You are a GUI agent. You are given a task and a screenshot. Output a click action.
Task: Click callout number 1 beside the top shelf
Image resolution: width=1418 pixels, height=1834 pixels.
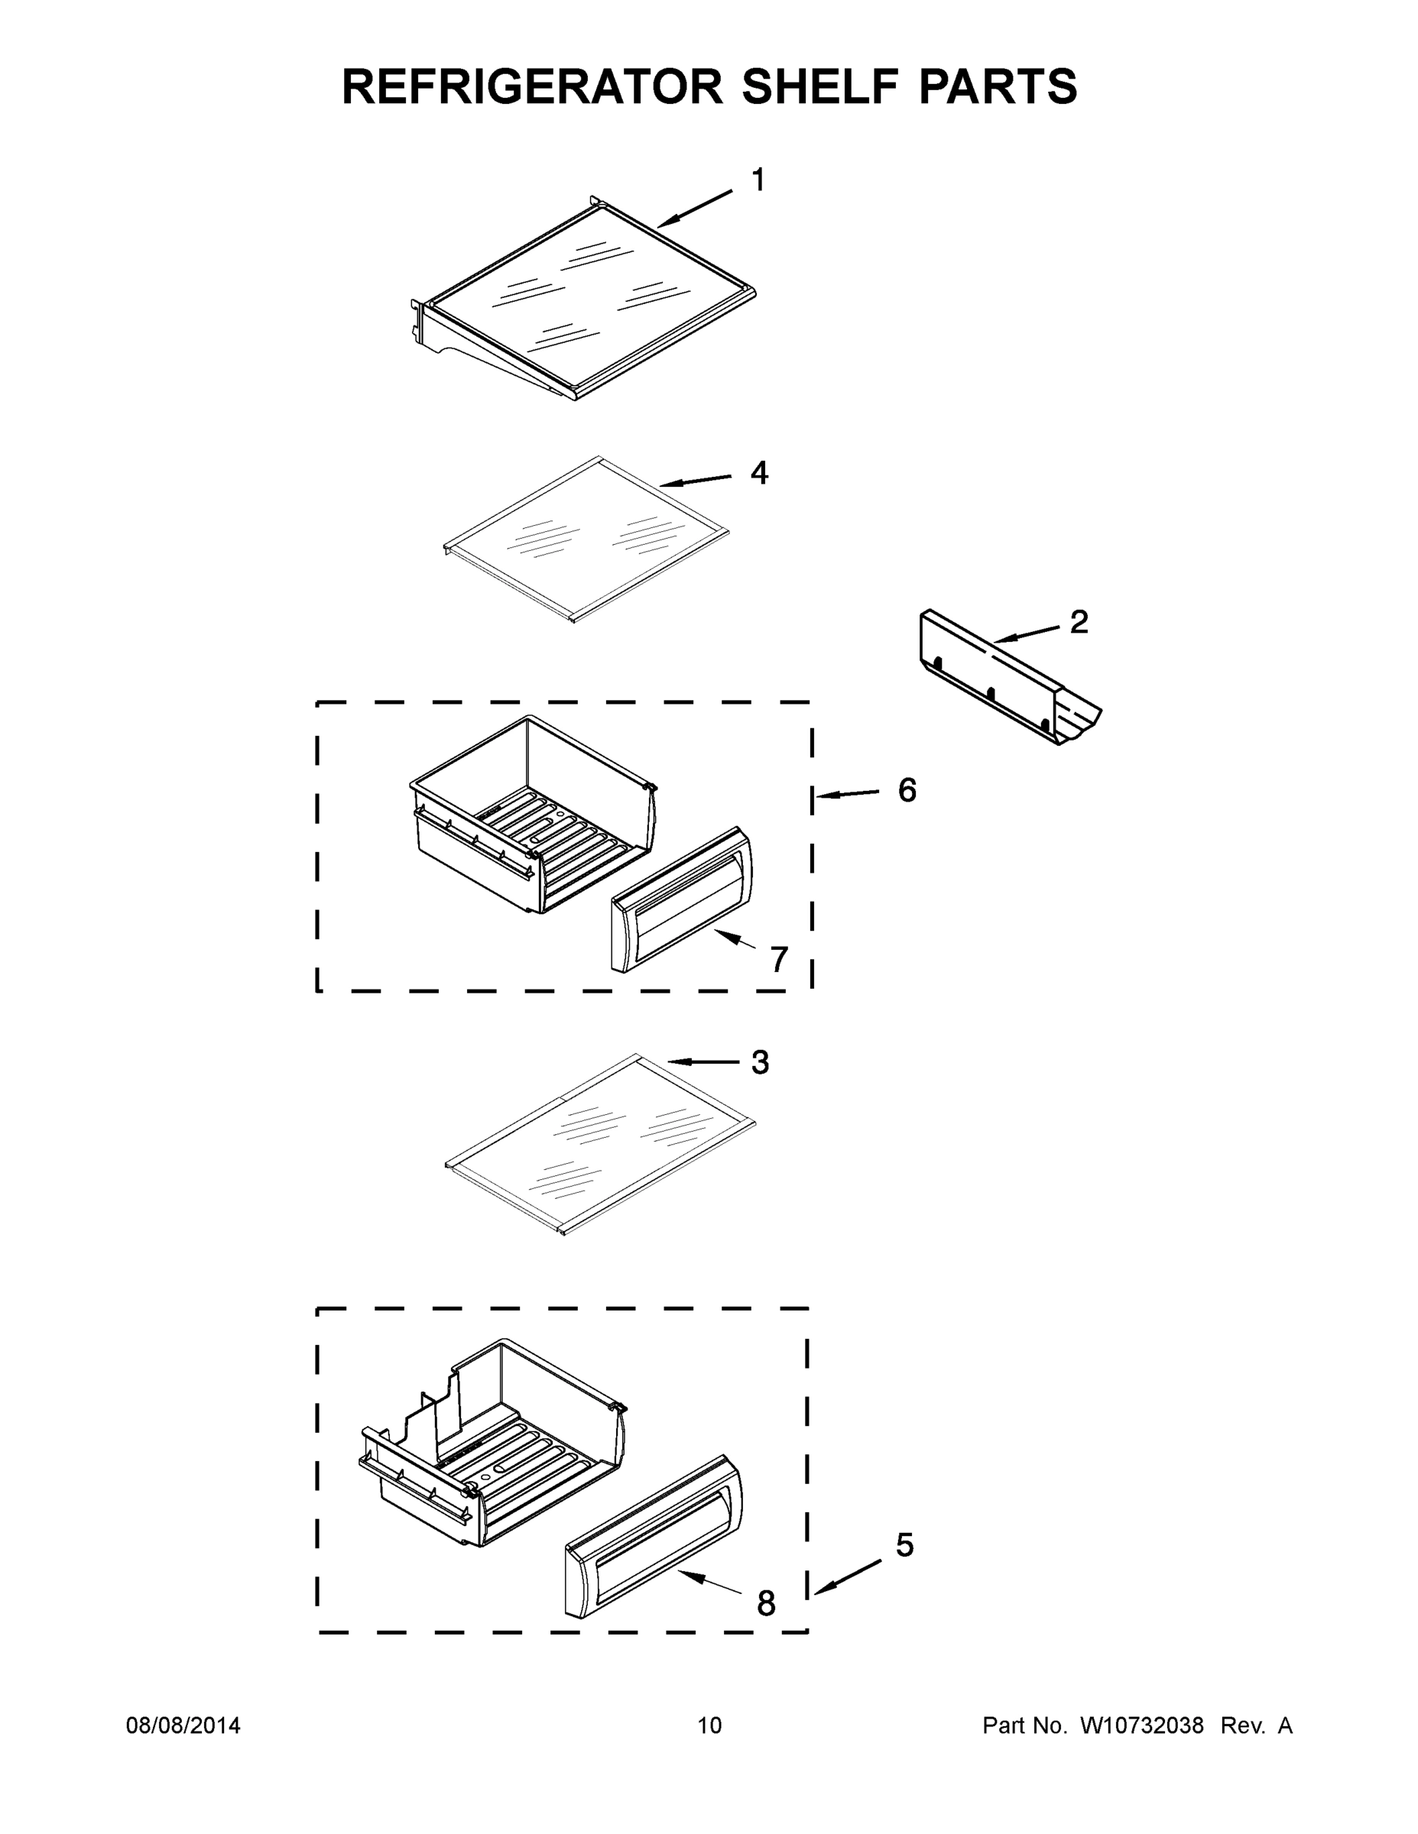758,180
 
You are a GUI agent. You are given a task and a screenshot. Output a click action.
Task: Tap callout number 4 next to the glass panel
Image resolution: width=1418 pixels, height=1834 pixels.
758,473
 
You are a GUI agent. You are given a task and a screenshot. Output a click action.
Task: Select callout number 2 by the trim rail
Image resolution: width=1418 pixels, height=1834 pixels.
1079,621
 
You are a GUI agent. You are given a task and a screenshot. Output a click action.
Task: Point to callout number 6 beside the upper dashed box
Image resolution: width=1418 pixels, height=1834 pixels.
907,789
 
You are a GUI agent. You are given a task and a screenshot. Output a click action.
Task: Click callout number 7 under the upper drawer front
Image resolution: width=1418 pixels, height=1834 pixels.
780,959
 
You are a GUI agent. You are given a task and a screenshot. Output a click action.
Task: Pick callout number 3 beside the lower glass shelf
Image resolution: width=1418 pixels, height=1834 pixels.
759,1062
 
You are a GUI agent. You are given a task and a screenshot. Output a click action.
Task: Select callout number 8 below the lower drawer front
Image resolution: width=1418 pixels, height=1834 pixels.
766,1604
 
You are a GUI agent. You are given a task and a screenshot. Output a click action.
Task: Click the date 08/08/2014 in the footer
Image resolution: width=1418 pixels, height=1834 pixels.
183,1725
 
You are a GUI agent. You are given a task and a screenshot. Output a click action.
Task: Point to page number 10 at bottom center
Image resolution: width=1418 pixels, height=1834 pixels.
709,1725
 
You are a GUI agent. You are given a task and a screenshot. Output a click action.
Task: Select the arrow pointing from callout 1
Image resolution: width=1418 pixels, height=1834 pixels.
694,209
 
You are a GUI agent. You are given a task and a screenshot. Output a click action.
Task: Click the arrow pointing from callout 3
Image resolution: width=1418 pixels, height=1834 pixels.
702,1062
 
